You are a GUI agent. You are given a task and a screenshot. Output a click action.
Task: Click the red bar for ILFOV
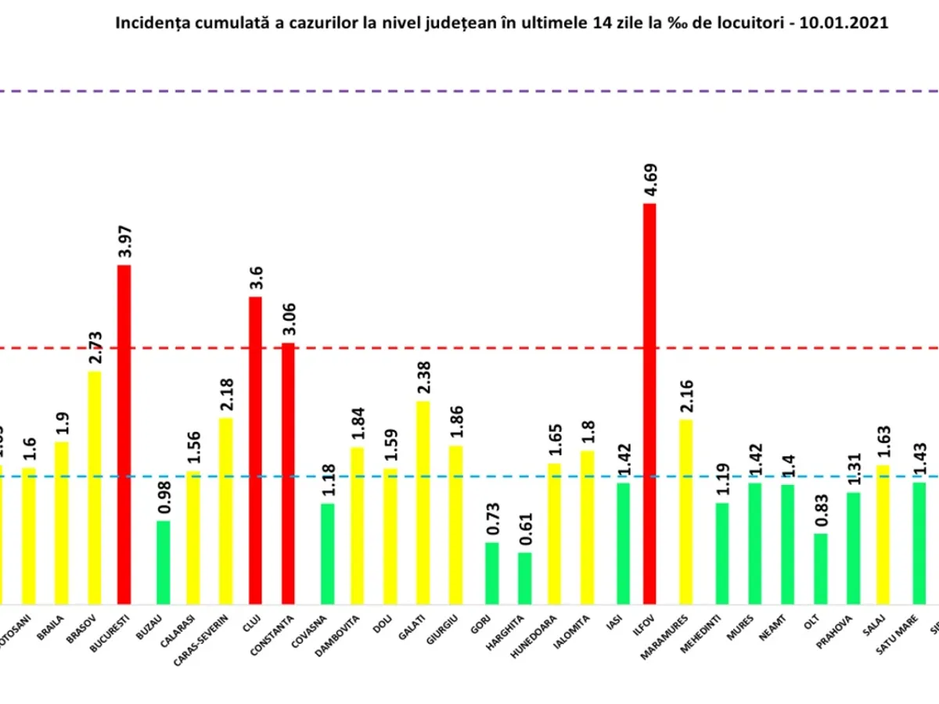[x=649, y=403]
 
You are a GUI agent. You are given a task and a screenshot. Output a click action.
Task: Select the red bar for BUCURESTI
[x=124, y=434]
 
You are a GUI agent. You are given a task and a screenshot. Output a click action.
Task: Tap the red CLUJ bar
[x=255, y=450]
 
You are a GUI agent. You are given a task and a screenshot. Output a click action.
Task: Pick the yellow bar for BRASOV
[x=94, y=487]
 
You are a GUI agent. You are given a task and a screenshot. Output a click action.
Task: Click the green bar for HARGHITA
[x=524, y=578]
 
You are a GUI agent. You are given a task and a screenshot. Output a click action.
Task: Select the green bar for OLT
[x=820, y=569]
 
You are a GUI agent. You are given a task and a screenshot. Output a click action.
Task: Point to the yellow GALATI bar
[x=423, y=502]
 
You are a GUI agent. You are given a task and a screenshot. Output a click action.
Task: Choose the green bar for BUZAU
[x=163, y=562]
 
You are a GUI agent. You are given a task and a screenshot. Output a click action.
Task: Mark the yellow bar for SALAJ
[x=886, y=534]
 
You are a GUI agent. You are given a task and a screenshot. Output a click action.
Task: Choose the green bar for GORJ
[x=491, y=573]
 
